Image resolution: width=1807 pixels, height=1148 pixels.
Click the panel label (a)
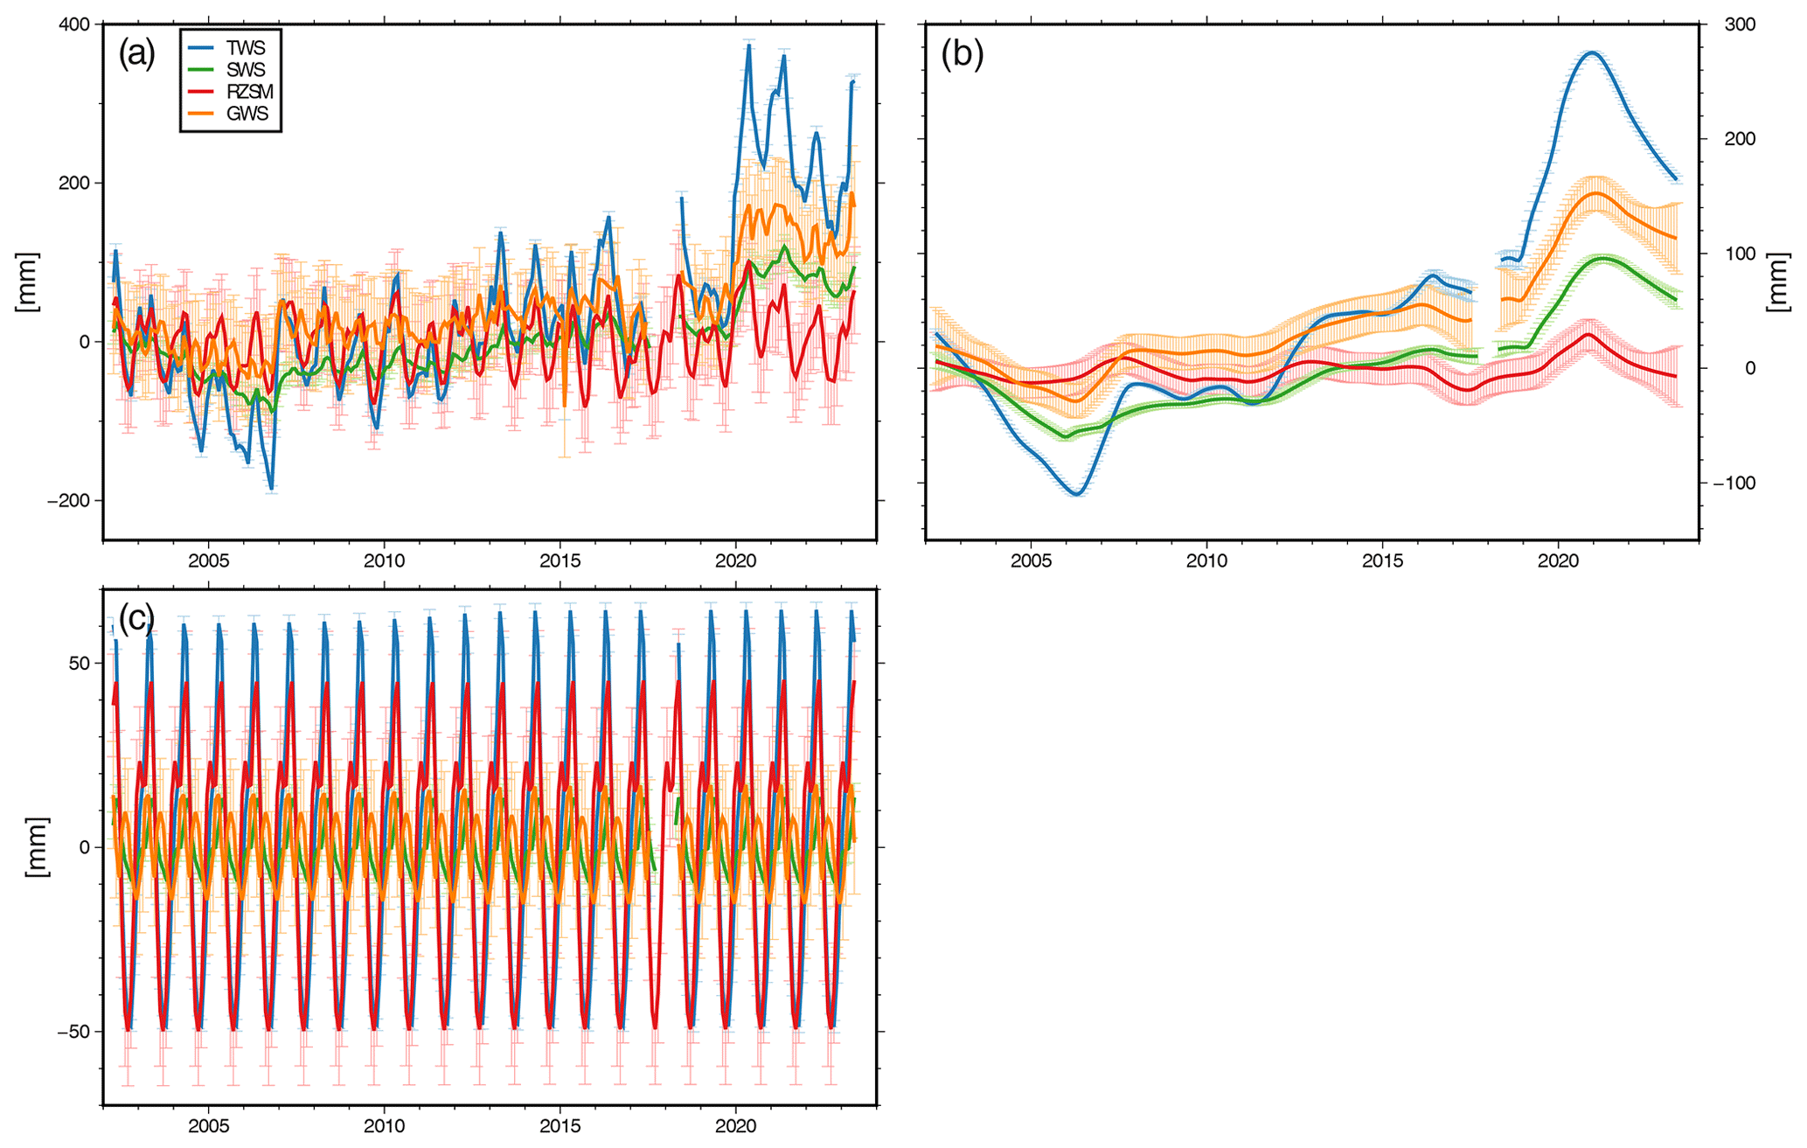[136, 54]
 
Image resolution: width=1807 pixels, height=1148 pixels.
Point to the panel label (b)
[963, 54]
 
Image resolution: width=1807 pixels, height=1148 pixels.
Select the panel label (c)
[136, 619]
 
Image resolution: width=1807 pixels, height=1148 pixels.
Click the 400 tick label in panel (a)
[74, 24]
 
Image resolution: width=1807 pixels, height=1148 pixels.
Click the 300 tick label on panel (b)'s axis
[1741, 24]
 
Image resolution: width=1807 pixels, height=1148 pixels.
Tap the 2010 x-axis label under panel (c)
[384, 1126]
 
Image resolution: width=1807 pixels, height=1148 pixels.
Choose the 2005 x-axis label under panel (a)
[208, 560]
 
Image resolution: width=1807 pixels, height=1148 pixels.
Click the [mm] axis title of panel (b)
[1778, 282]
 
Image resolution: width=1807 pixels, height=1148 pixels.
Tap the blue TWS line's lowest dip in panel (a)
[271, 489]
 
